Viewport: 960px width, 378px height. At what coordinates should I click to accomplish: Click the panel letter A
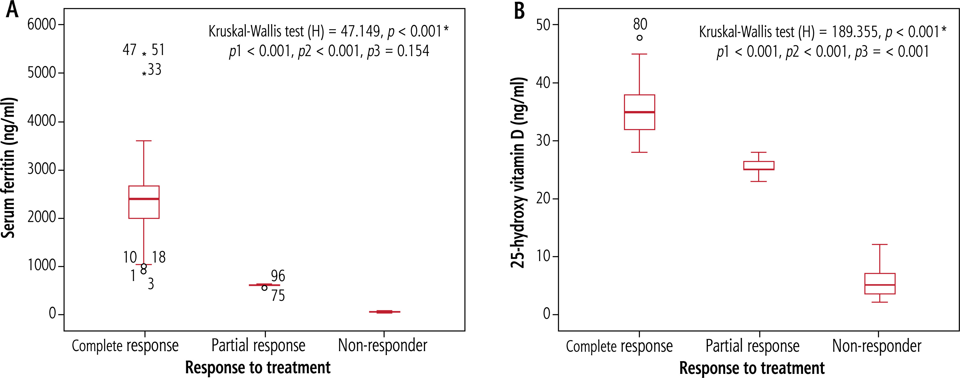pos(12,10)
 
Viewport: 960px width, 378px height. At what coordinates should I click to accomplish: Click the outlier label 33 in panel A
pos(155,70)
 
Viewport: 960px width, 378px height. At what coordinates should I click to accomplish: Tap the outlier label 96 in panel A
pos(278,276)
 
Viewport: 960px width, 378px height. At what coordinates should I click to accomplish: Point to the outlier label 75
pos(278,296)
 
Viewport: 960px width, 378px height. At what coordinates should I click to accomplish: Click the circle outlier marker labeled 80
pos(640,38)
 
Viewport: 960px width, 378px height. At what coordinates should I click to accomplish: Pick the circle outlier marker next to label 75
pos(264,288)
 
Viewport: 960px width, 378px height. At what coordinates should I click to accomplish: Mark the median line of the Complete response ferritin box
pos(144,199)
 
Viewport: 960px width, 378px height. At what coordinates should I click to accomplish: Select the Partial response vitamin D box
pos(759,165)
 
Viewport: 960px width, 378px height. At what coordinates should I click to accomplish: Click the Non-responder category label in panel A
pos(383,346)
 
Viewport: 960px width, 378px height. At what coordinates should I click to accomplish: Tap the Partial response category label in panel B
pos(753,346)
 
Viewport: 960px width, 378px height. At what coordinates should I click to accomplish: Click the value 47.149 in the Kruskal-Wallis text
pos(360,32)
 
